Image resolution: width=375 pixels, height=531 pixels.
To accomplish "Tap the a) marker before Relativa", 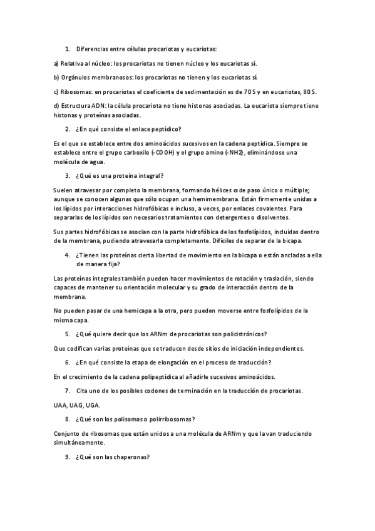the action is pos(56,63).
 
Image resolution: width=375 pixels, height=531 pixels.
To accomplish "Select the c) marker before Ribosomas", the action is pos(56,91).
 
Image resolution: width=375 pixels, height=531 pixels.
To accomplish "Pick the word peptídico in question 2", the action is pos(165,129).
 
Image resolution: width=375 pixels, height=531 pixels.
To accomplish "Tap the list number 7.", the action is pos(67,391).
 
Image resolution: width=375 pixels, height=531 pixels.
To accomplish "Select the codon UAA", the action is pos(61,405).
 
